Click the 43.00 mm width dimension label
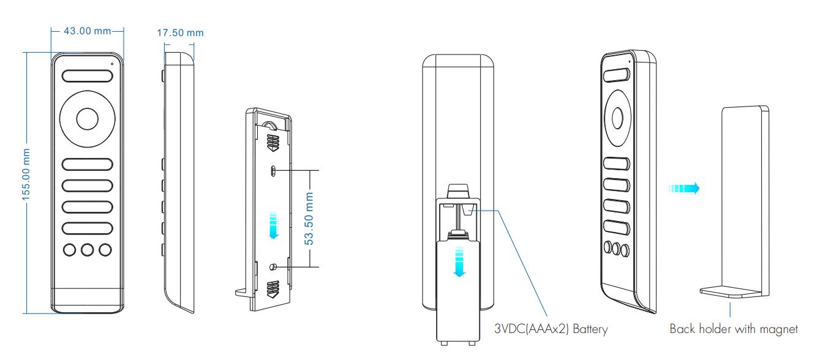pyautogui.click(x=88, y=31)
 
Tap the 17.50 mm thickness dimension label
pyautogui.click(x=181, y=32)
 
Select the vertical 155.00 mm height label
pyautogui.click(x=26, y=174)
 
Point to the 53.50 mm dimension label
pyautogui.click(x=309, y=219)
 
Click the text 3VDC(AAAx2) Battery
pyautogui.click(x=551, y=328)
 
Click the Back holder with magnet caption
pyautogui.click(x=734, y=329)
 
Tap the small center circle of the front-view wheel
pyautogui.click(x=88, y=119)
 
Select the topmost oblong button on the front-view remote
pyautogui.click(x=88, y=76)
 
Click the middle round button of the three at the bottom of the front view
pyautogui.click(x=88, y=250)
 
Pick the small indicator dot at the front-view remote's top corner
pyautogui.click(x=112, y=64)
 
